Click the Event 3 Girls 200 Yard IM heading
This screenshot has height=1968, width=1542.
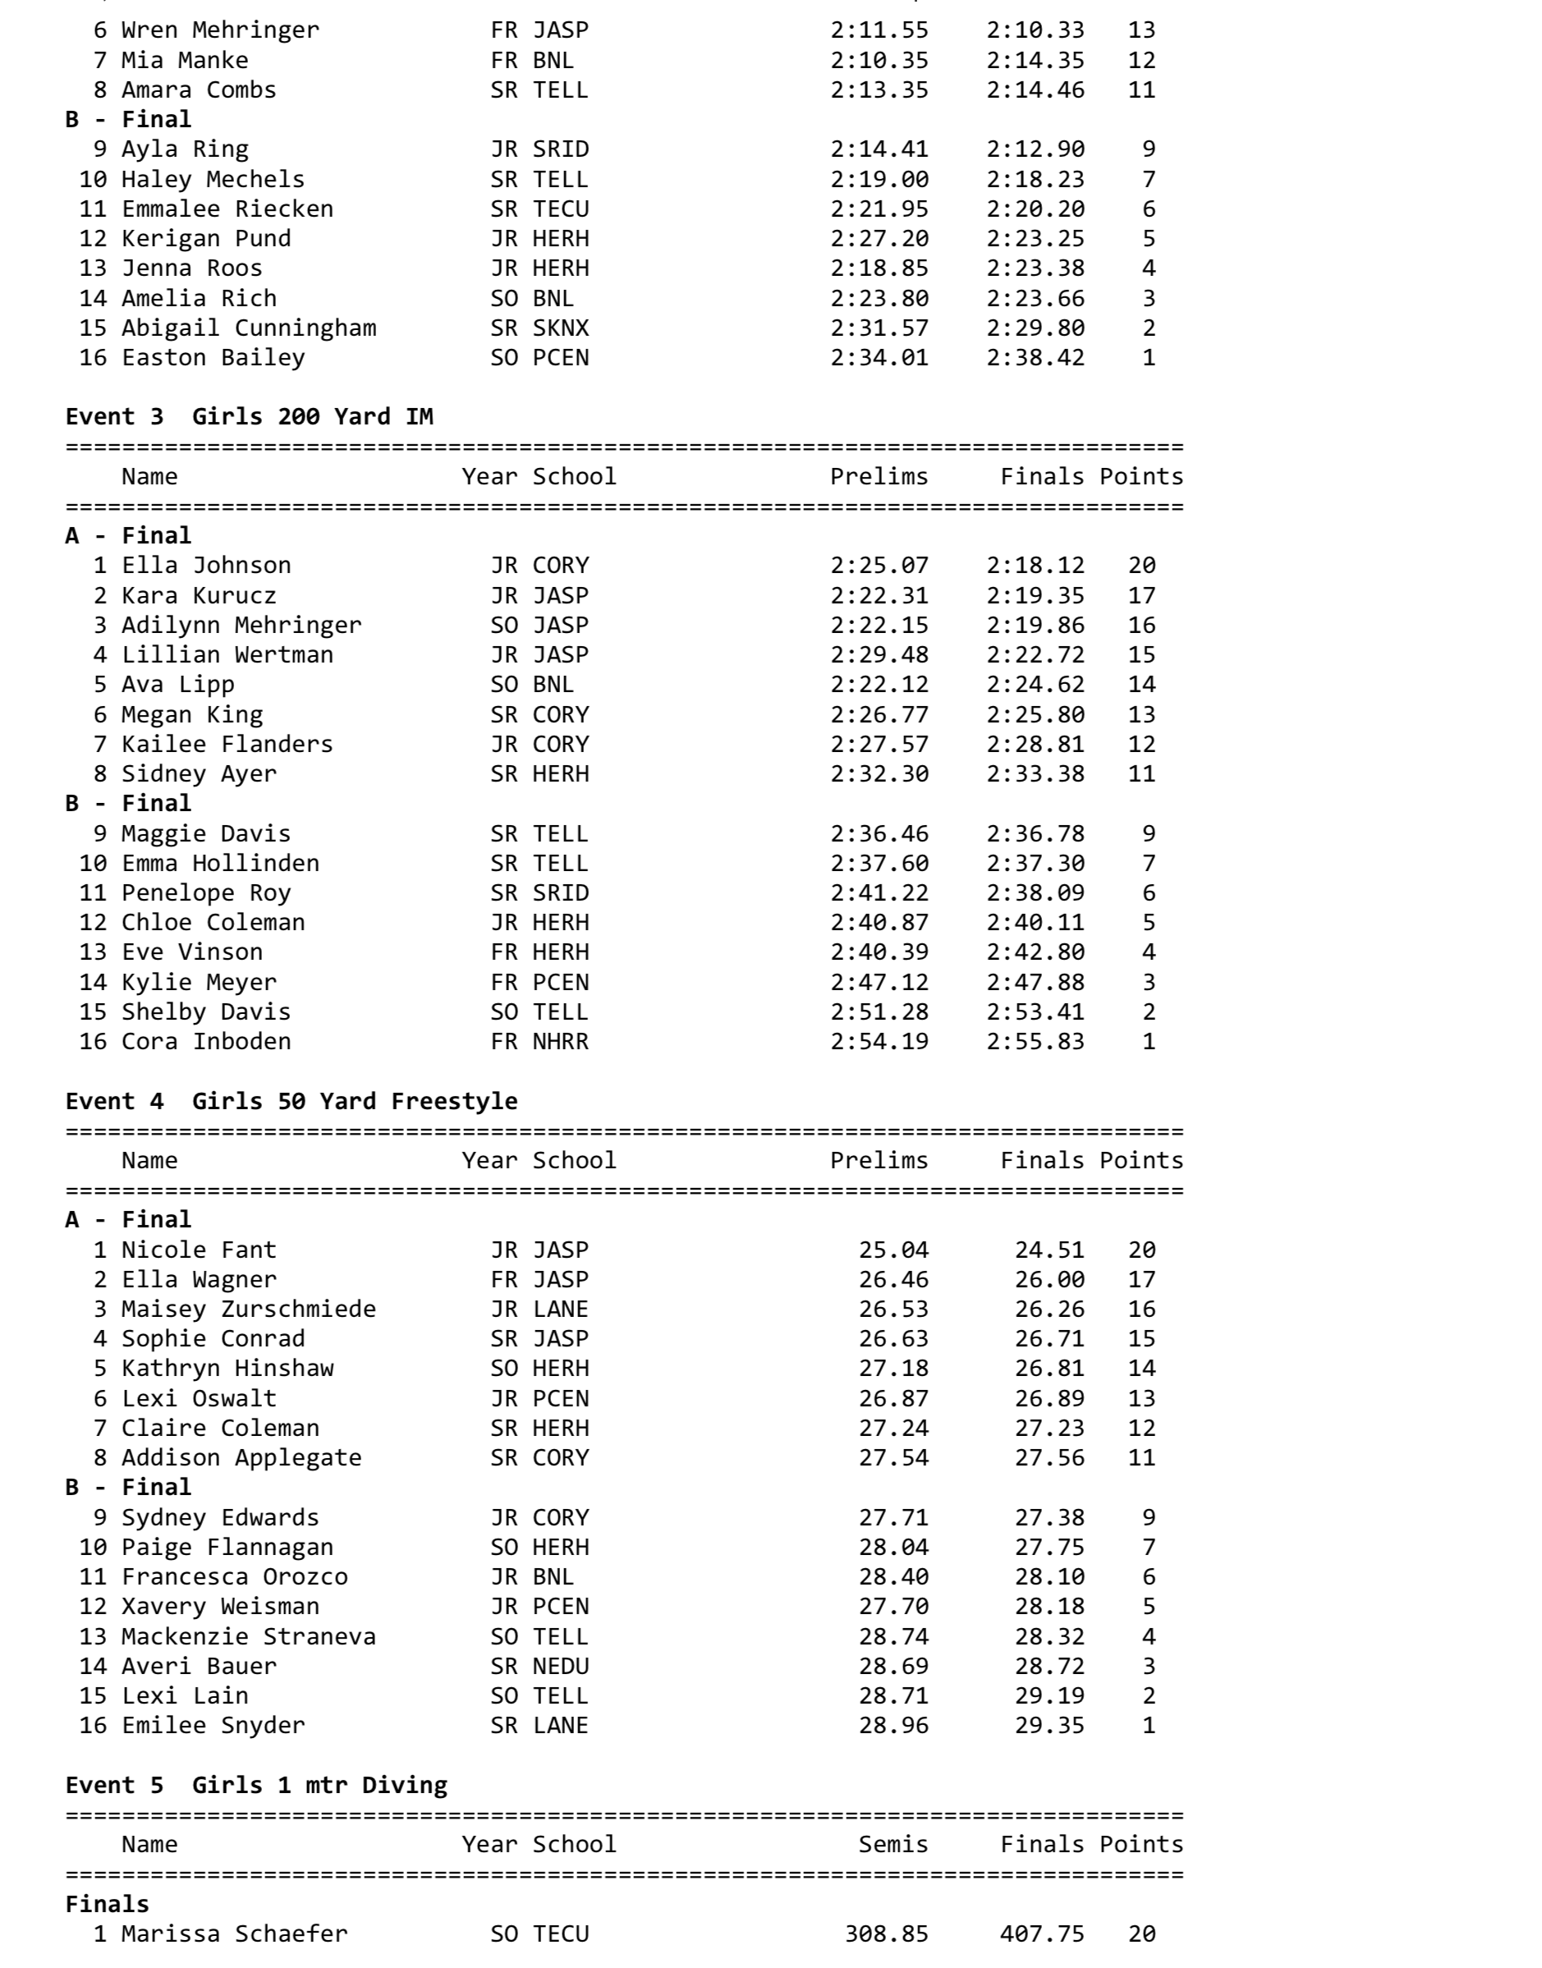point(249,416)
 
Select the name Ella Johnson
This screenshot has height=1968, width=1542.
point(206,565)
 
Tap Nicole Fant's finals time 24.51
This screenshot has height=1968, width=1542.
point(1049,1250)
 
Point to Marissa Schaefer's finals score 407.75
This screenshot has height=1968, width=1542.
point(1042,1934)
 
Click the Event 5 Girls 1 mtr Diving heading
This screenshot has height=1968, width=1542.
point(256,1785)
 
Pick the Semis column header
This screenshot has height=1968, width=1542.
point(893,1844)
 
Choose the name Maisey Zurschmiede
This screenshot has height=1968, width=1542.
point(248,1309)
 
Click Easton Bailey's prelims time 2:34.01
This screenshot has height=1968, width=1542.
point(879,357)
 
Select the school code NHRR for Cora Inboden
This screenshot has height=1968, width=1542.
point(560,1041)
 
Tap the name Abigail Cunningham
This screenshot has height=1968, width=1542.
point(248,328)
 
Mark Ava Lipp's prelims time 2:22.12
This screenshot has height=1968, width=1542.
point(879,684)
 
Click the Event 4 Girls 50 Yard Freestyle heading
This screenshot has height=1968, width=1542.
point(291,1100)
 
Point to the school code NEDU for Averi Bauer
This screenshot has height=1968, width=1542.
point(560,1666)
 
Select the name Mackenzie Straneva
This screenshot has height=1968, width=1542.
point(248,1635)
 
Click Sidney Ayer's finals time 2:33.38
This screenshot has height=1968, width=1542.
point(1035,773)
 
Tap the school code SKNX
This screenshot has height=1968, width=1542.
point(560,328)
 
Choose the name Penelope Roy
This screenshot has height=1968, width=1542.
point(206,892)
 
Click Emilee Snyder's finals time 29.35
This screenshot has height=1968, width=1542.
point(1049,1725)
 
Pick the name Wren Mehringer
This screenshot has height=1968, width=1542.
point(220,30)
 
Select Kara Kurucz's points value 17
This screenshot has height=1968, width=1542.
point(1141,596)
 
